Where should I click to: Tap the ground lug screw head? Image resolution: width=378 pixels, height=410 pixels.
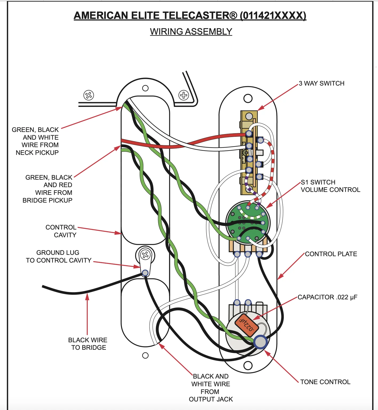point(145,255)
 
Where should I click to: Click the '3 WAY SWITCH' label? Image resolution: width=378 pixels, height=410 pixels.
point(321,83)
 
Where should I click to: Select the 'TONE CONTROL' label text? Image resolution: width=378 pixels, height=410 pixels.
point(325,382)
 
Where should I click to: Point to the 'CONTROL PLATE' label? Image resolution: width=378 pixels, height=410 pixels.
point(331,254)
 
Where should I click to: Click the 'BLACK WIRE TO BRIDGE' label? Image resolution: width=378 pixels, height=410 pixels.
point(88,344)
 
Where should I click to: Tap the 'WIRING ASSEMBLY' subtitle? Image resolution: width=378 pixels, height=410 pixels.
point(191,32)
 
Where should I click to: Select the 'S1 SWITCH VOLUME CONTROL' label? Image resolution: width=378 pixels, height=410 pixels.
point(330,186)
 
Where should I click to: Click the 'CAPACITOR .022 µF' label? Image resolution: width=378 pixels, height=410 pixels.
point(327,297)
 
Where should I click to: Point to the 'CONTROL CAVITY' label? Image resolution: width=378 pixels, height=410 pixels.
point(61,231)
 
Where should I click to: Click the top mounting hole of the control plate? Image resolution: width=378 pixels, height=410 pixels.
point(248,98)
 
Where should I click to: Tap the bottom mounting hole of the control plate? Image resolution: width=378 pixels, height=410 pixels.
point(248,365)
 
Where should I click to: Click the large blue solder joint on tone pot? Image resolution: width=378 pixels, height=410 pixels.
point(260,342)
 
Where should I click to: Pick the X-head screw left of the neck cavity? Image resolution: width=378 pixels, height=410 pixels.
point(89,95)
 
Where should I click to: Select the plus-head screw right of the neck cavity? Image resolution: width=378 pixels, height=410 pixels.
point(184,95)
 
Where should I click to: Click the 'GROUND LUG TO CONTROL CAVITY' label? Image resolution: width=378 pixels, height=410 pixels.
point(58,256)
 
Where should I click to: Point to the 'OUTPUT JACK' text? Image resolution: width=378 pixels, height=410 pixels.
point(211,399)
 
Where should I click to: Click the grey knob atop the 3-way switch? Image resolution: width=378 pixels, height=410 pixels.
point(249,116)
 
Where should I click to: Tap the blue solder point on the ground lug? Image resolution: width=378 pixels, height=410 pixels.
point(145,273)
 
